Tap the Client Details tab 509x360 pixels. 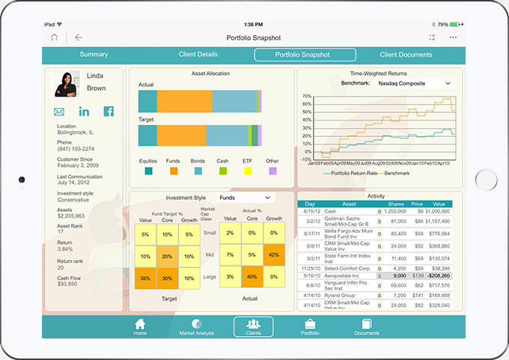(198, 55)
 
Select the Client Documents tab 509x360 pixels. (406, 55)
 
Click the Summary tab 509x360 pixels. (94, 55)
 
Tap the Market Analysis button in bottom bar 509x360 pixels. (197, 326)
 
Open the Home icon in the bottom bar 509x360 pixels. (140, 326)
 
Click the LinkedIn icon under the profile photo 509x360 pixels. (84, 112)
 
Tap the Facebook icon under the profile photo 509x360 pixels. (109, 112)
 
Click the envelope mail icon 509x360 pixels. (59, 112)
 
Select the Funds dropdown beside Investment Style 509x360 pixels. (245, 198)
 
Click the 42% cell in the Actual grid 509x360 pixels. (275, 254)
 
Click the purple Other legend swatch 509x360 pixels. (272, 171)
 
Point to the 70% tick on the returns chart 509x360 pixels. (305, 97)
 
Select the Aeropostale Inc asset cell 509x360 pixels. (350, 275)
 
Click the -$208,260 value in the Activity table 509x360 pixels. (438, 275)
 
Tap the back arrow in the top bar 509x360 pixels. (79, 37)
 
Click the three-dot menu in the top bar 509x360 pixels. (453, 37)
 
